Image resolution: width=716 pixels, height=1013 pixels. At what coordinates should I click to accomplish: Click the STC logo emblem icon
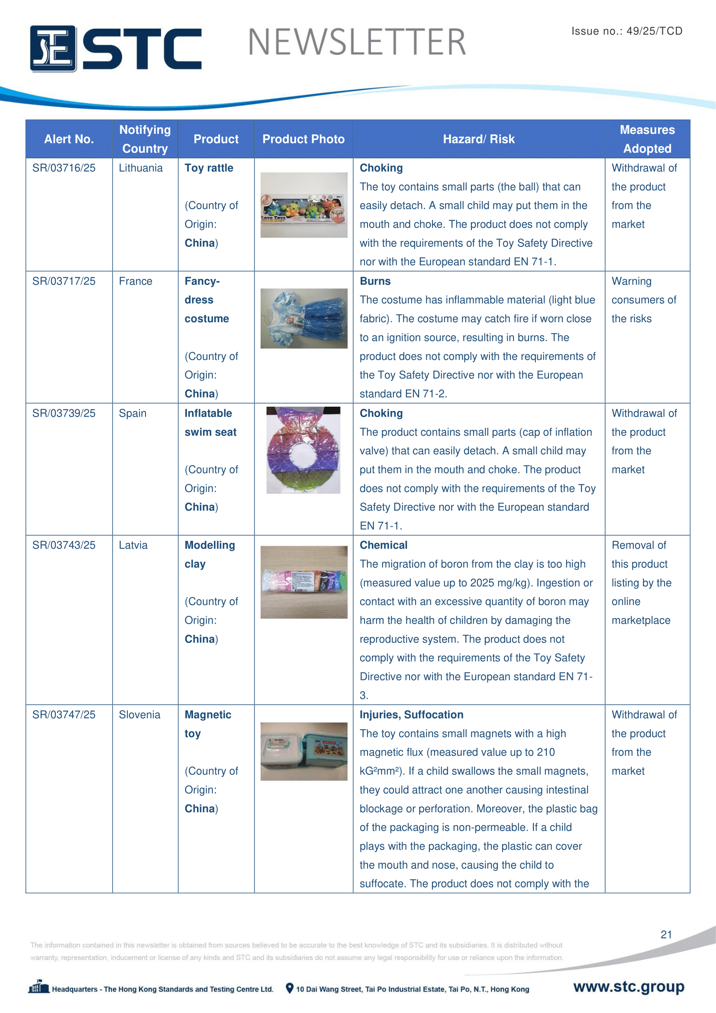(x=53, y=49)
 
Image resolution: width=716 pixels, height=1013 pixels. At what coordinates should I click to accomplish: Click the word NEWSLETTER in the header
(x=357, y=42)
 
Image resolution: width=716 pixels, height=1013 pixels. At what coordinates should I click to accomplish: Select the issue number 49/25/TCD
(x=654, y=31)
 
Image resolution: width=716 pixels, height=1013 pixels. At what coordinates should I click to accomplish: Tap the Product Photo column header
(x=303, y=139)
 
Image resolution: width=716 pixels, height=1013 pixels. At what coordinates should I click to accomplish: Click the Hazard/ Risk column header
(x=478, y=139)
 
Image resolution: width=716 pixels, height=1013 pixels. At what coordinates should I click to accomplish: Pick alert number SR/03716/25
(x=64, y=168)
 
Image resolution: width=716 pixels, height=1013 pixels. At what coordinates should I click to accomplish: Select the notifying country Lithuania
(x=141, y=168)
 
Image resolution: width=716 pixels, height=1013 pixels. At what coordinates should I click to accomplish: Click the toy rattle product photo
(x=304, y=205)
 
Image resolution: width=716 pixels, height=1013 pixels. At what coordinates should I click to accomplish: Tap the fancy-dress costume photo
(x=304, y=318)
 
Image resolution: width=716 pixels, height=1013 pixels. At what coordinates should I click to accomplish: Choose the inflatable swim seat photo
(x=303, y=450)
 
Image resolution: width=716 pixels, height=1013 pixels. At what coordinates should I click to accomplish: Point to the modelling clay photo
(x=304, y=582)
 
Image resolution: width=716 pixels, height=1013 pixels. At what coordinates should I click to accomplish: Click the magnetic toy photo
(x=304, y=751)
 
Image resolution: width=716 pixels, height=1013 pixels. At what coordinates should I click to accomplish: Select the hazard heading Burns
(x=375, y=281)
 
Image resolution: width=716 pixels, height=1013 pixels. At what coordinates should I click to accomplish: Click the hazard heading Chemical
(x=384, y=545)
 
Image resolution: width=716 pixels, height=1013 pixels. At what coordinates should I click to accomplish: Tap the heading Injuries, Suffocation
(x=411, y=715)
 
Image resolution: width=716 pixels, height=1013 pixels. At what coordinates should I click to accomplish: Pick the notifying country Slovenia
(x=139, y=715)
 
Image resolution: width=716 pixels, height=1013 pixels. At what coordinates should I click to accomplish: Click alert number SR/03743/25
(x=64, y=545)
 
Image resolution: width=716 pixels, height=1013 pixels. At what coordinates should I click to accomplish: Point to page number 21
(x=666, y=935)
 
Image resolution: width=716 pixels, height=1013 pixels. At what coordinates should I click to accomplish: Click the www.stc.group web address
(x=629, y=987)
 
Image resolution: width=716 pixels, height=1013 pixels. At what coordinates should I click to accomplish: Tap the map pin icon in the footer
(x=290, y=988)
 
